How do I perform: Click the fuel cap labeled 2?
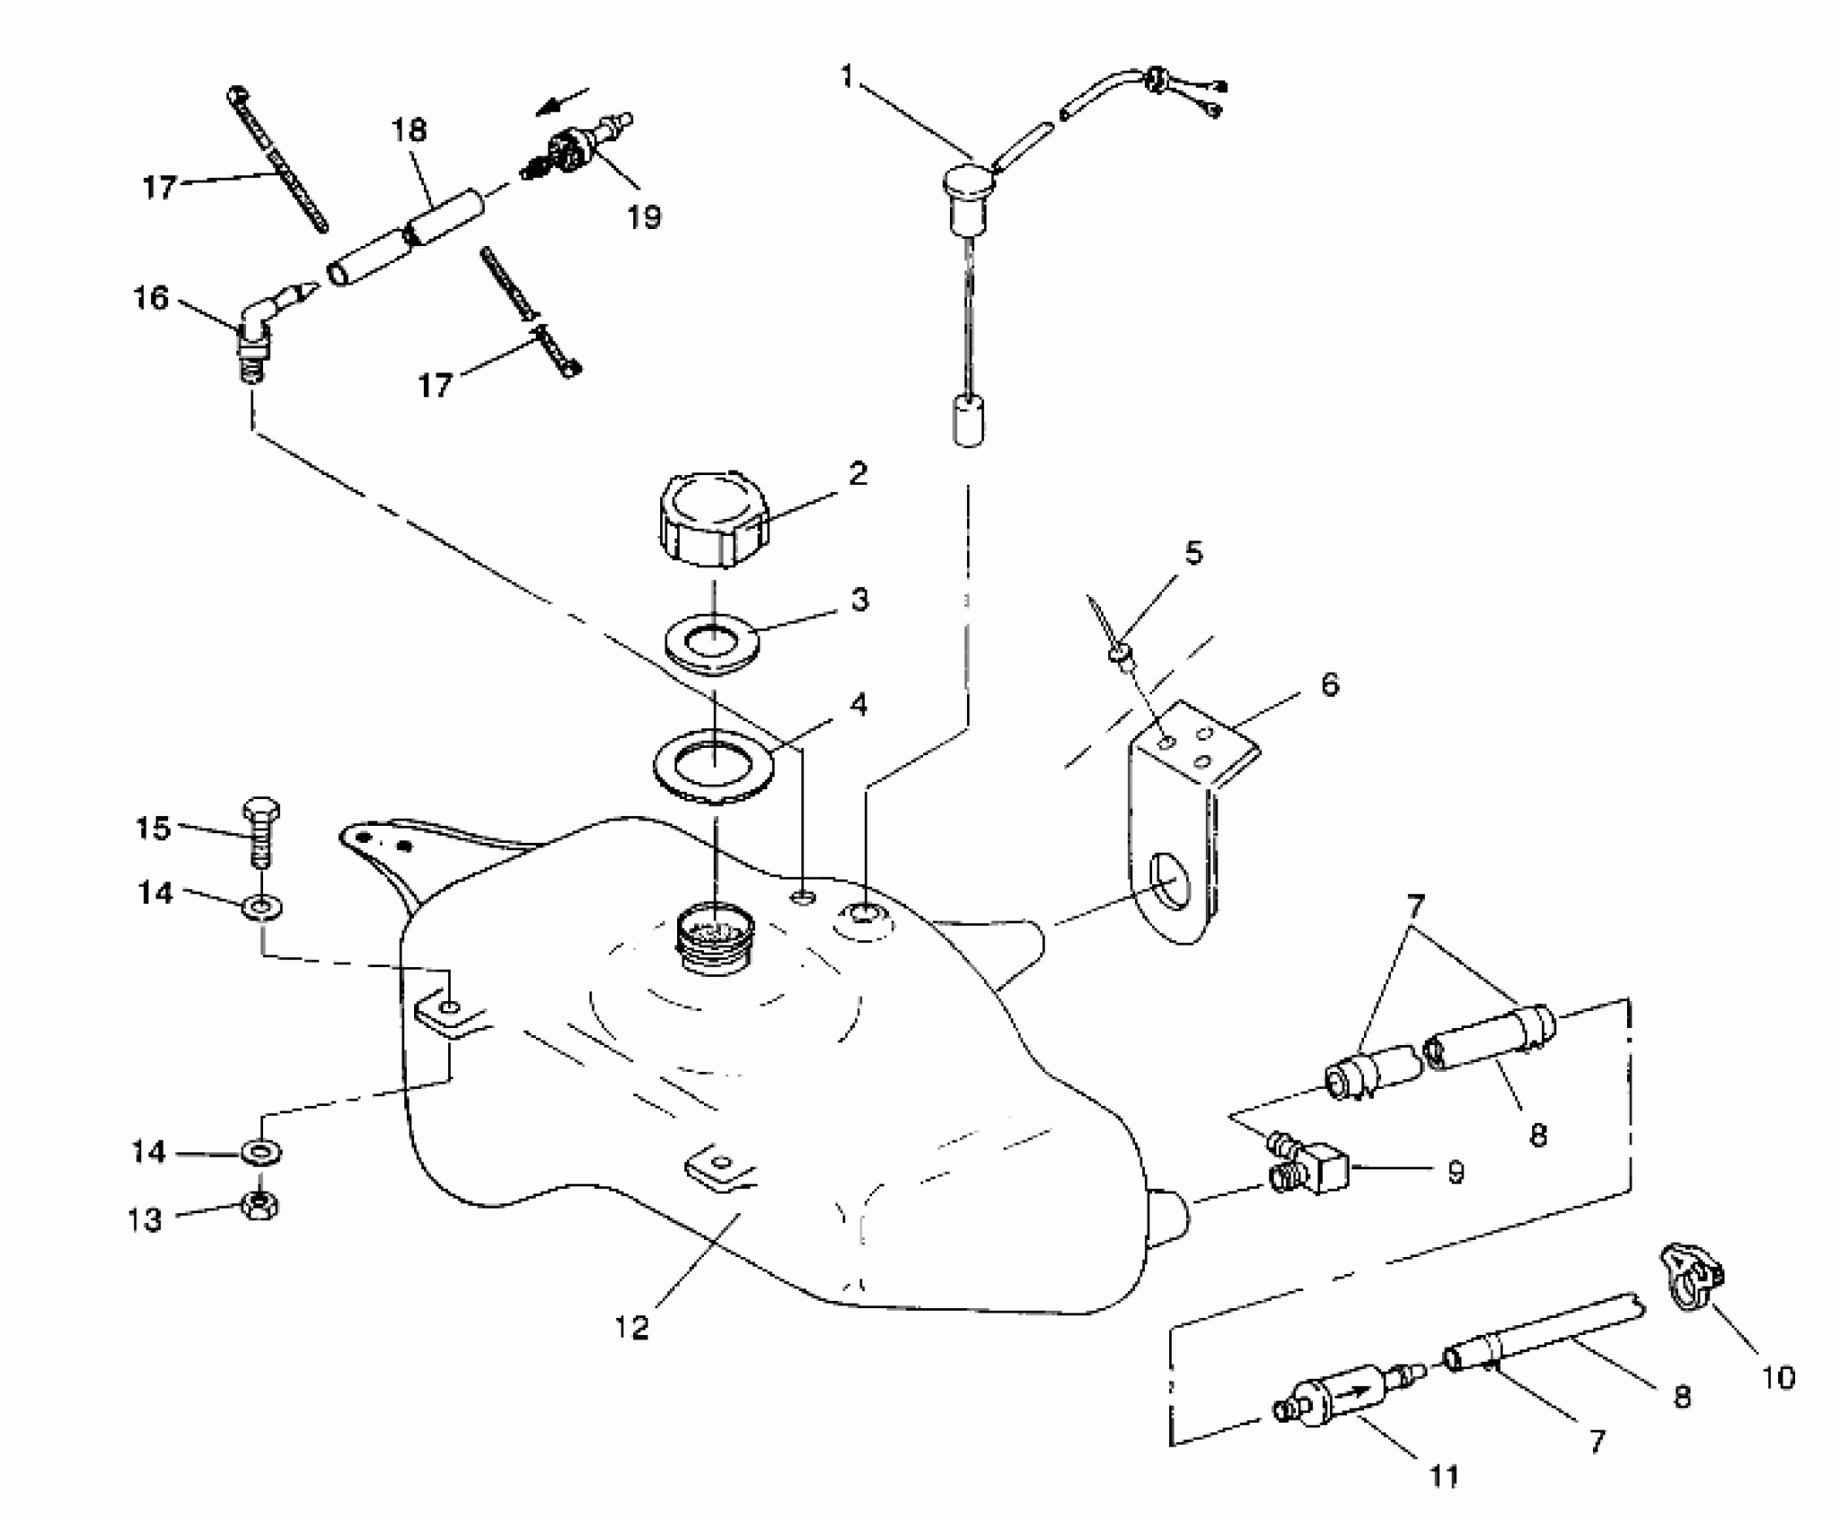pyautogui.click(x=714, y=518)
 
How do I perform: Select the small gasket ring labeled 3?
pyautogui.click(x=712, y=642)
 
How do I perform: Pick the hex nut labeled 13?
pyautogui.click(x=259, y=1206)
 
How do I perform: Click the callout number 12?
pyautogui.click(x=631, y=1327)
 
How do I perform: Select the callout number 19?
pyautogui.click(x=644, y=217)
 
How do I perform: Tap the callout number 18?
pyautogui.click(x=409, y=131)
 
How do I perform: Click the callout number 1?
pyautogui.click(x=846, y=77)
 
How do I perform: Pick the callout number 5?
pyautogui.click(x=1194, y=553)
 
